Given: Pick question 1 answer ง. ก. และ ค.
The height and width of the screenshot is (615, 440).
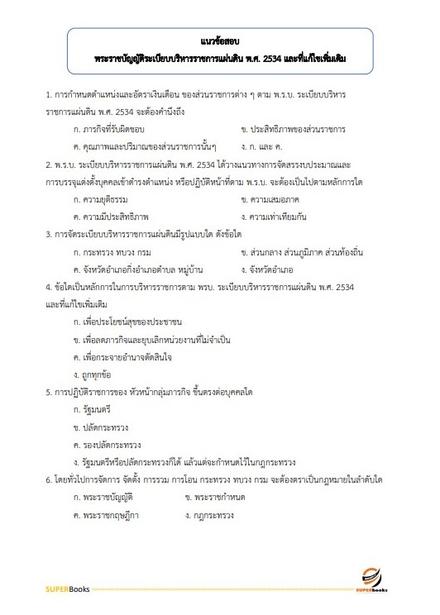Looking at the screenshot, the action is point(264,146).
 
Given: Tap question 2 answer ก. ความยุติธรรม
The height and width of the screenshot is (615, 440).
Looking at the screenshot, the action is point(103,200).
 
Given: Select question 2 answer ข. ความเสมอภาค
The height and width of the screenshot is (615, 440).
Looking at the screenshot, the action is point(272,200).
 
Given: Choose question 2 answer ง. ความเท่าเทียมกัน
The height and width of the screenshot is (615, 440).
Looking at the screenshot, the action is point(277,217).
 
